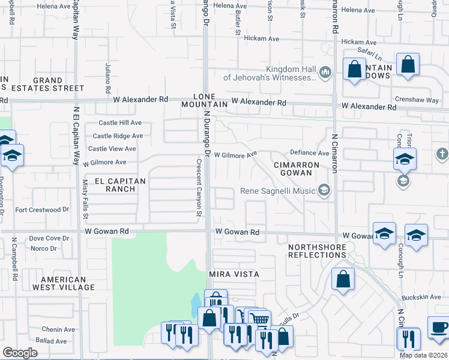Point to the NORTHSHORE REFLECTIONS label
click(316, 251)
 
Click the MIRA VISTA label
click(234, 274)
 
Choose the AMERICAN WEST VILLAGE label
click(67, 283)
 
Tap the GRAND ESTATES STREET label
click(48, 84)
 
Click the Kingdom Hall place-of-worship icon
click(325, 73)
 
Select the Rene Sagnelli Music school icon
click(325, 191)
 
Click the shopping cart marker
click(259, 320)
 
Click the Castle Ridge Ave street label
click(118, 136)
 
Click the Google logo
click(20, 352)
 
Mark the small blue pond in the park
click(196, 303)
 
